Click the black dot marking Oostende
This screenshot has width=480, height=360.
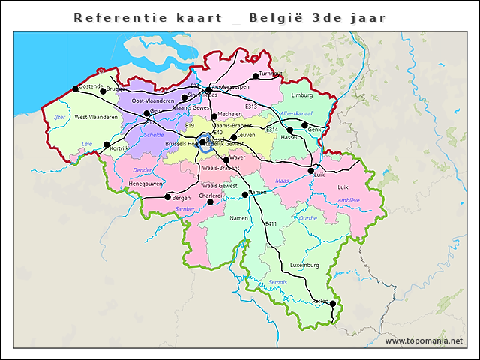76,88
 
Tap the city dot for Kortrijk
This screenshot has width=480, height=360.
106,144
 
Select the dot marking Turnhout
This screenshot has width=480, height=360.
256,76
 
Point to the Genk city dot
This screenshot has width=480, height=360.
305,125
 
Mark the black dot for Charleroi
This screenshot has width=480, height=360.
211,202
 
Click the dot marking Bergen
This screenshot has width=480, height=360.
167,196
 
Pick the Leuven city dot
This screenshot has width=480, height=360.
234,137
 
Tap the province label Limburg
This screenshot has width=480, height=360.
301,96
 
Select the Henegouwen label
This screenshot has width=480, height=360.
145,183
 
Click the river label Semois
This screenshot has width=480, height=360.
277,282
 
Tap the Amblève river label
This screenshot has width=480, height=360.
349,200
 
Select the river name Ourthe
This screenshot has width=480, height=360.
307,218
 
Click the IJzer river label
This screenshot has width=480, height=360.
59,117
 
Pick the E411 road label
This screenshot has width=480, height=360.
271,224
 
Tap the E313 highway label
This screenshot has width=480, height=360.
251,106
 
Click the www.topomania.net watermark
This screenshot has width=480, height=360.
424,341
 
